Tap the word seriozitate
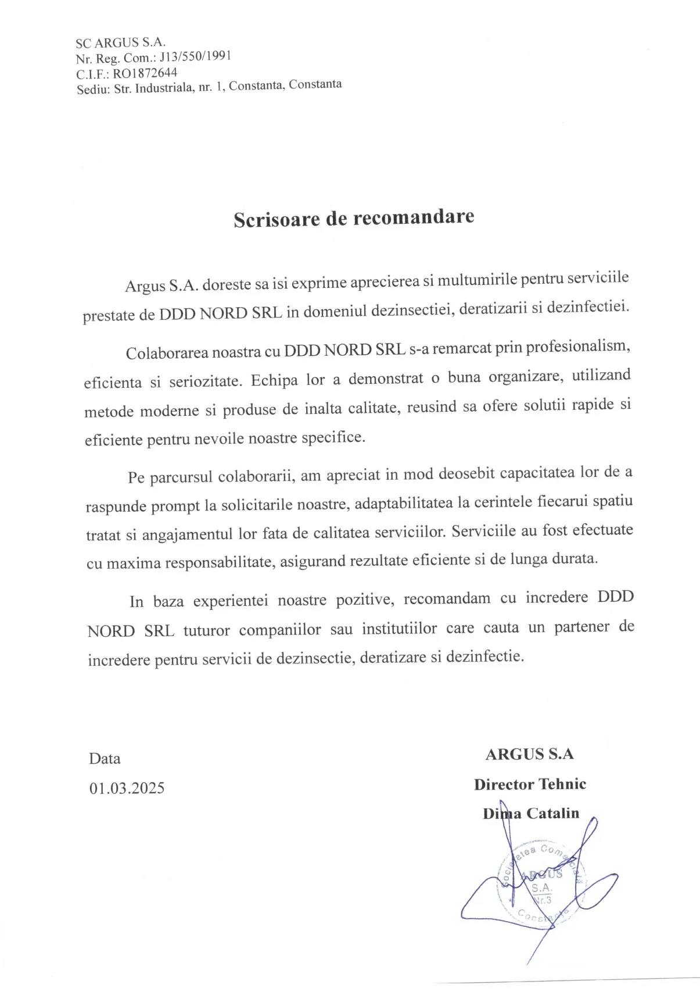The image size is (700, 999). tap(204, 381)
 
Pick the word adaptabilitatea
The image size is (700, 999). tap(403, 502)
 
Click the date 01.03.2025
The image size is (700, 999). tap(127, 788)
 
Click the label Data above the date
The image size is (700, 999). tap(105, 758)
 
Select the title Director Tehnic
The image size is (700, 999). tap(530, 784)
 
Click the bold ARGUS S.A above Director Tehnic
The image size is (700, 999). tap(529, 754)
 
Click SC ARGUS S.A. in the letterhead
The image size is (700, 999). tap(121, 42)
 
